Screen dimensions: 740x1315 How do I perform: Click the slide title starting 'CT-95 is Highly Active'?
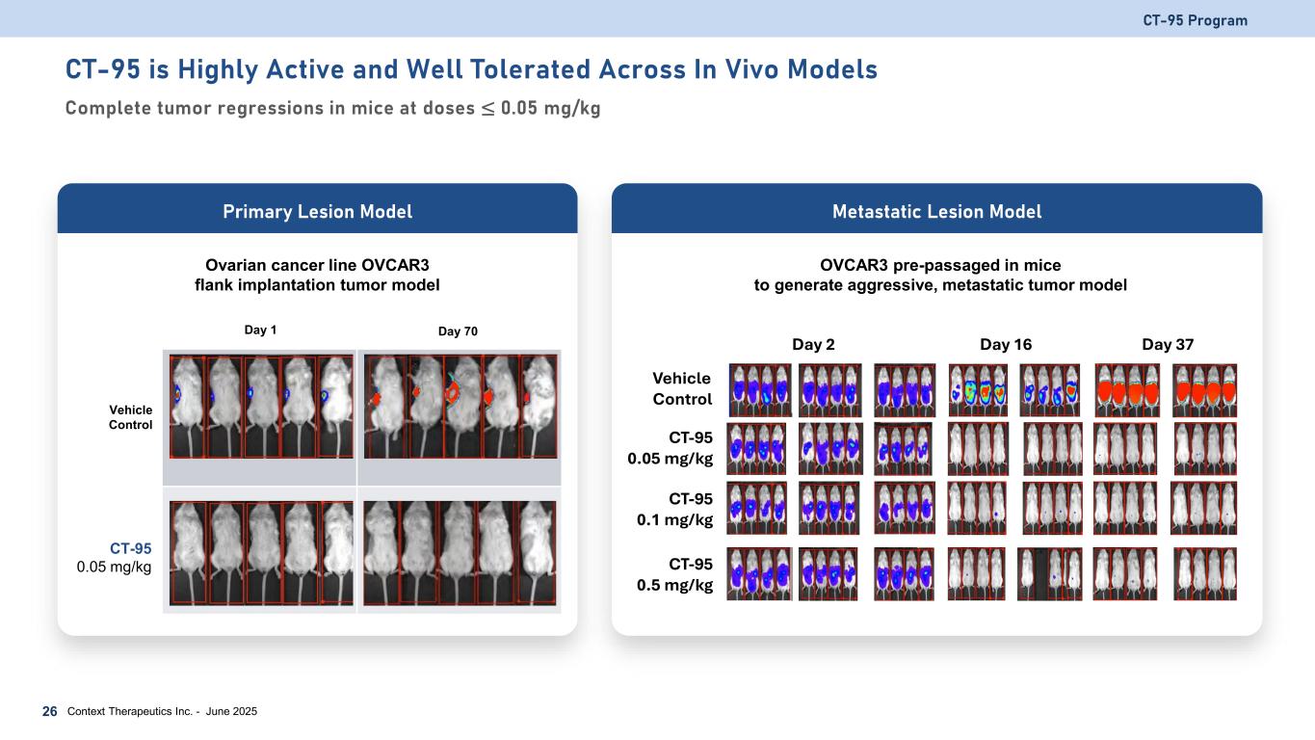[471, 69]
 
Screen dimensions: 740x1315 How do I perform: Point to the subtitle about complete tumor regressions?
[332, 108]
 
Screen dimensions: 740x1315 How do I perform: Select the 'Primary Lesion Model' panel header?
[317, 211]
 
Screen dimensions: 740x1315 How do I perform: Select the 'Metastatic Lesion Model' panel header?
[936, 211]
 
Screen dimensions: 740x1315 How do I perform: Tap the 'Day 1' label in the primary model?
[260, 330]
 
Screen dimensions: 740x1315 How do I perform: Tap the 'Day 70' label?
[458, 331]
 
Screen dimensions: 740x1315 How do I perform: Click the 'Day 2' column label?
[813, 344]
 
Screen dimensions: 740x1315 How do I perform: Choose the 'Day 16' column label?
[1006, 344]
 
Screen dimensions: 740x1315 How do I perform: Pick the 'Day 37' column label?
[1168, 344]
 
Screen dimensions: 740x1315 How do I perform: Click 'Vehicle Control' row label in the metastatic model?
[682, 388]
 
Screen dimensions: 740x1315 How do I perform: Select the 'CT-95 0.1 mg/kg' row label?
[682, 509]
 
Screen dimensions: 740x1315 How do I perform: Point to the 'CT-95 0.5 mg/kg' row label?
[682, 574]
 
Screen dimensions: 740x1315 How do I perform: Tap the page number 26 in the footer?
[49, 711]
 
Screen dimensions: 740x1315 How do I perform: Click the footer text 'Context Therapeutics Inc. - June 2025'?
[162, 711]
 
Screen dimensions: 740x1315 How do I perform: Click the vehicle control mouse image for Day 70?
[459, 406]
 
